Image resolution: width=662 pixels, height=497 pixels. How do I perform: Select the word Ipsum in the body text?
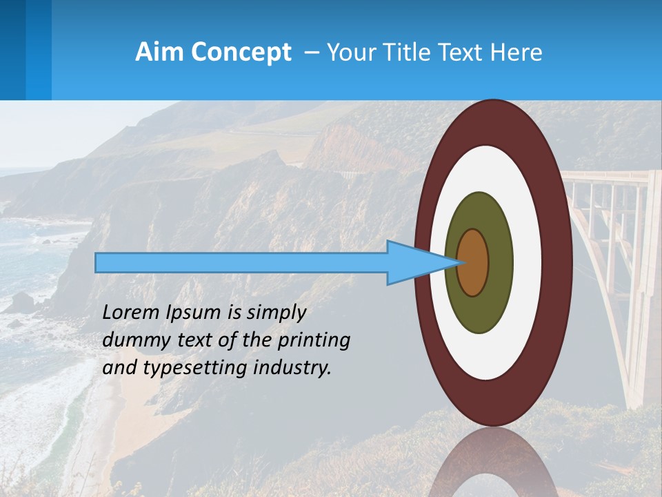point(194,313)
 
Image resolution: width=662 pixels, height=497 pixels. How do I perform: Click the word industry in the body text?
point(292,368)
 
